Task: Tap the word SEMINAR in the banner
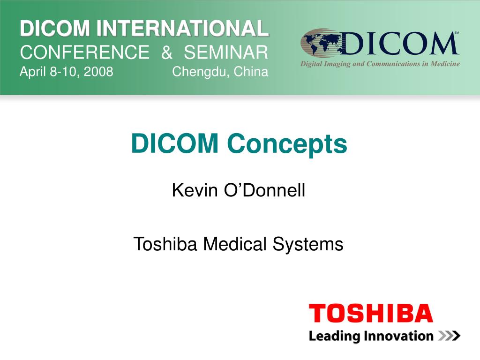click(226, 52)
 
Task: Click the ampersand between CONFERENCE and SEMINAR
click(166, 52)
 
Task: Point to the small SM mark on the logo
click(456, 33)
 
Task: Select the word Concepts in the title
click(287, 144)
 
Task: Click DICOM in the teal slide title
click(174, 144)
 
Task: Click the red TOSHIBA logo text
click(370, 313)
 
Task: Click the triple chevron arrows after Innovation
click(449, 336)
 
